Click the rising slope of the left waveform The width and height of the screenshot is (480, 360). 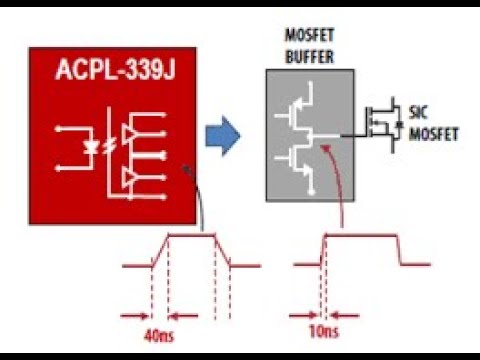click(x=159, y=251)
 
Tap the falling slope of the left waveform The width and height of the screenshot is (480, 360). click(x=224, y=251)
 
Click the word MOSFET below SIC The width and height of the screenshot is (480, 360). click(x=436, y=131)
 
